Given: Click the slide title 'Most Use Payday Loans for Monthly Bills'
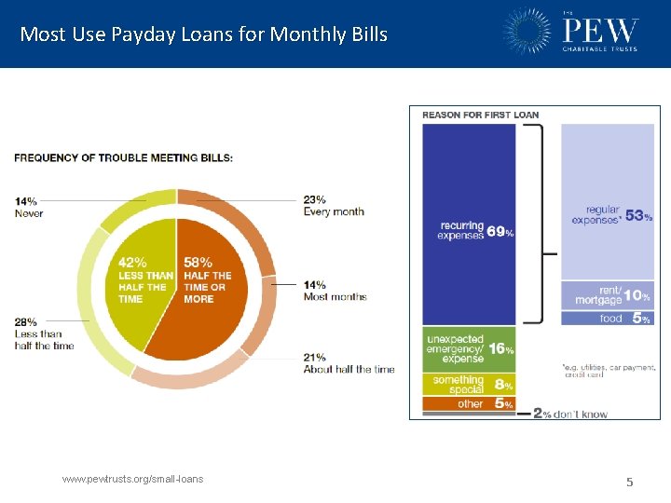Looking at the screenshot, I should pos(203,34).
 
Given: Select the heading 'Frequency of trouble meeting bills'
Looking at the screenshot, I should pos(123,157).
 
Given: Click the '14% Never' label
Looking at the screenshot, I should pos(28,207).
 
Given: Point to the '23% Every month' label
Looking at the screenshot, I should pos(333,205).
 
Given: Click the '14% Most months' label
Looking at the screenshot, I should pos(334,291).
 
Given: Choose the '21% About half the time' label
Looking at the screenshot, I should pos(349,363).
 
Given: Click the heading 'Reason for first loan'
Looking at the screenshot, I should pos(480,115).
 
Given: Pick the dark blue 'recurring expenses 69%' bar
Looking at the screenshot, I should pos(469,224).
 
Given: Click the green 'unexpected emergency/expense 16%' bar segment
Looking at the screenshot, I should pos(469,348).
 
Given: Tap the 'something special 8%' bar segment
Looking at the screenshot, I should pos(469,384).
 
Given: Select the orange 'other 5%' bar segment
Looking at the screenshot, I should pos(469,404).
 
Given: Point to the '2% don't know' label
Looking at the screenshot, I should pos(569,414).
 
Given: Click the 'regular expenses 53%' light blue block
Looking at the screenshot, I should pos(607,200).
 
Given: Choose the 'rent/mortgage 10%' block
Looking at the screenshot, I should pos(607,295).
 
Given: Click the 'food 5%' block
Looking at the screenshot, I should pos(607,319).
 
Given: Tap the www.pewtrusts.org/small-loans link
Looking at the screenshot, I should pos(132,479).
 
